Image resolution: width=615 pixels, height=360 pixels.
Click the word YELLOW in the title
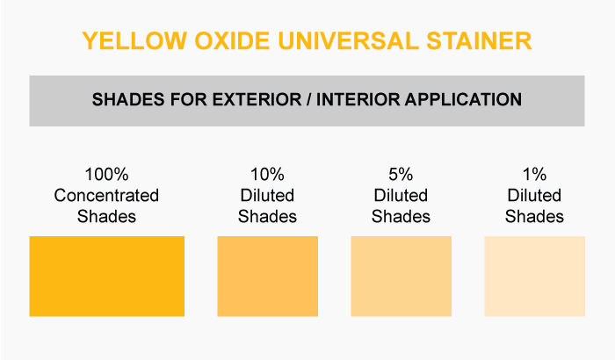(x=134, y=40)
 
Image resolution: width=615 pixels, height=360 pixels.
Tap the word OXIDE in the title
(x=232, y=40)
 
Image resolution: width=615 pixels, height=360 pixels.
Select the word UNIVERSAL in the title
(x=348, y=40)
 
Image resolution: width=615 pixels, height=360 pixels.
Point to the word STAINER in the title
(x=479, y=40)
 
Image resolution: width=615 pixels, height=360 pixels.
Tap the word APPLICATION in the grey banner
(x=463, y=99)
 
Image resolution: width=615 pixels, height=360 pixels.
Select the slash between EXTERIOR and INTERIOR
(x=309, y=99)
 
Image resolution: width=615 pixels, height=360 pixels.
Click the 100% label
(x=106, y=175)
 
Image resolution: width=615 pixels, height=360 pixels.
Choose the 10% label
(x=267, y=175)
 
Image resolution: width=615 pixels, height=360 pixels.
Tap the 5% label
(x=401, y=175)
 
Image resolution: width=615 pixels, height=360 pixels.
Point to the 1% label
(x=534, y=175)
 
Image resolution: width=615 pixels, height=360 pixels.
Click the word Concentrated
(x=106, y=195)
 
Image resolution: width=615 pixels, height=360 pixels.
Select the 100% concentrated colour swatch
(x=106, y=276)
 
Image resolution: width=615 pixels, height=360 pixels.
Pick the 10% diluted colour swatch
(x=267, y=276)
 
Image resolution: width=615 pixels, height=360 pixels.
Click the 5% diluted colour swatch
(x=401, y=276)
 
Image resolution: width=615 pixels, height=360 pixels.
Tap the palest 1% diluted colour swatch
(x=534, y=276)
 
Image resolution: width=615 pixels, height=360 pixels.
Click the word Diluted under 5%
(x=401, y=195)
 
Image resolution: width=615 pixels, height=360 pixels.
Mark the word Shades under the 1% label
(x=534, y=217)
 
